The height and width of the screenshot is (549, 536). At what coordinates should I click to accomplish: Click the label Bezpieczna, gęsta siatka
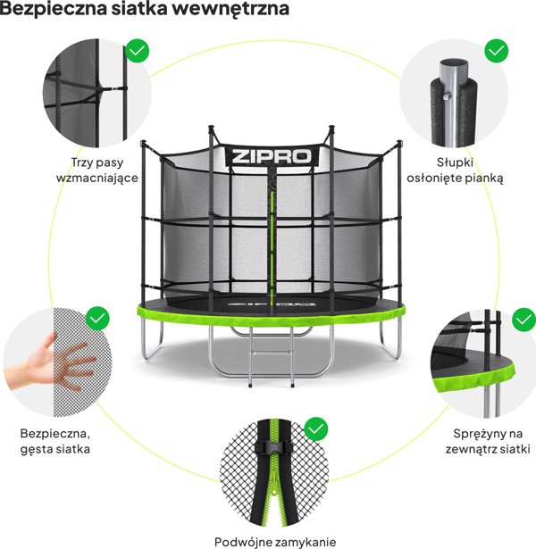click(54, 441)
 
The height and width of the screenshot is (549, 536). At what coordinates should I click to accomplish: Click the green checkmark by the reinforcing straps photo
click(137, 50)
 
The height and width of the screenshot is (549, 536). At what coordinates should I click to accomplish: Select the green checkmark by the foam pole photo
click(497, 51)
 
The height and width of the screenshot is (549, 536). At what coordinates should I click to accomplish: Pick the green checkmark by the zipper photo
click(315, 429)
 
